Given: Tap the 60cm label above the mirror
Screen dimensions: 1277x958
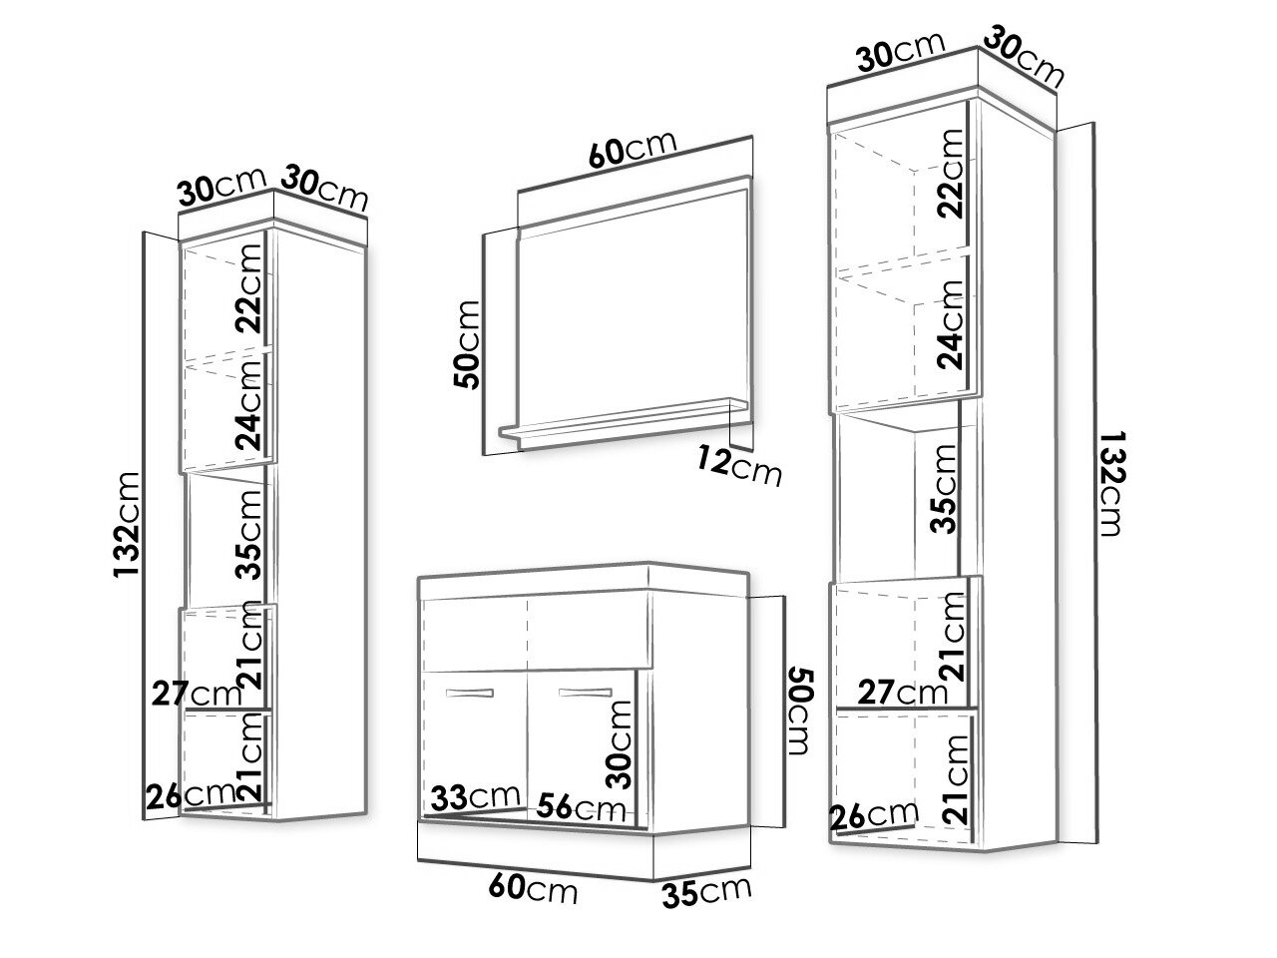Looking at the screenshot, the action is click(x=633, y=149).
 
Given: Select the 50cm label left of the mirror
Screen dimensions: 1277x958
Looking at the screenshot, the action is click(x=467, y=344).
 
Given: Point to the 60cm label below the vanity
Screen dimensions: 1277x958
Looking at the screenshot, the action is click(x=533, y=888).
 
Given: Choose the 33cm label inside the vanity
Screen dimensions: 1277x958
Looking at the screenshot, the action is click(x=475, y=796).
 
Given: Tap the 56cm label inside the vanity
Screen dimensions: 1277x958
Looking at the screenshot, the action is click(x=582, y=806).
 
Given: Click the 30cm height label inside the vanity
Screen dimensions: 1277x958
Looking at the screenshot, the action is click(x=619, y=744).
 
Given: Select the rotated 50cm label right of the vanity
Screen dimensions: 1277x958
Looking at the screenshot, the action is click(x=800, y=712).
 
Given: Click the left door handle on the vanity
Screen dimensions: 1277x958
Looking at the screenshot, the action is click(x=470, y=693).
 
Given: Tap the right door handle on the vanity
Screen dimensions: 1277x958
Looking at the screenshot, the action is click(x=586, y=693).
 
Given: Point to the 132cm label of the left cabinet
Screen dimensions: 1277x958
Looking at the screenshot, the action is click(x=127, y=525).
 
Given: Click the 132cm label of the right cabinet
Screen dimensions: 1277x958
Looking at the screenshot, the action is click(x=1111, y=483).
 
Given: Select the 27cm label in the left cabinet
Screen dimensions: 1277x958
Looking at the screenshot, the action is click(x=197, y=693).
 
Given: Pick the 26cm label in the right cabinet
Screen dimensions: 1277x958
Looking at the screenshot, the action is click(x=874, y=815).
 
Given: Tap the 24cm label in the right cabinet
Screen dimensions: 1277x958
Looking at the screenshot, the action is click(x=950, y=324).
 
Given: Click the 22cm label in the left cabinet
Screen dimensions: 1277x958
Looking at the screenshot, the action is click(x=248, y=288).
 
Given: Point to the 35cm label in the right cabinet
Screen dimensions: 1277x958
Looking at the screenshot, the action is click(x=943, y=489).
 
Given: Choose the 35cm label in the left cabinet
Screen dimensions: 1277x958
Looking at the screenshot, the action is click(x=249, y=535).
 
